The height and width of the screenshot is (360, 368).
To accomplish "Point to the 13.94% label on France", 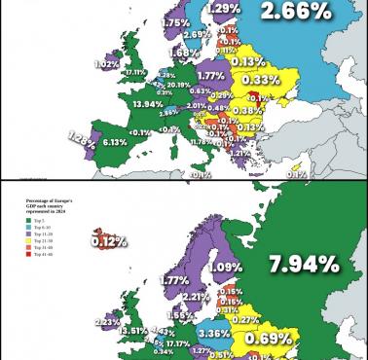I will [149, 104].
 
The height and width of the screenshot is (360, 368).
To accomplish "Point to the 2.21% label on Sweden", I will [196, 297].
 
